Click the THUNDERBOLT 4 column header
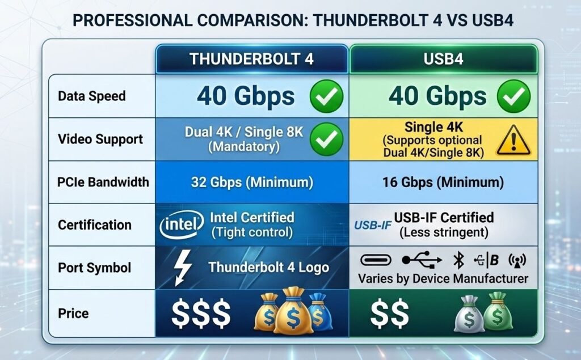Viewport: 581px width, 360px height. [251, 58]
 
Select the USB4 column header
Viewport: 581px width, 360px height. [444, 58]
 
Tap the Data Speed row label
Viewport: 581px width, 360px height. [91, 96]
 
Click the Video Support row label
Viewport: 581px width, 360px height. [100, 139]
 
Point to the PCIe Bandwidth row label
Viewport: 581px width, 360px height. [103, 182]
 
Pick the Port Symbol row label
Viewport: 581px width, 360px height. [94, 268]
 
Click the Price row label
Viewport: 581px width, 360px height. [73, 312]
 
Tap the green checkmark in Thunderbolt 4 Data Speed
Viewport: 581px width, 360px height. [326, 96]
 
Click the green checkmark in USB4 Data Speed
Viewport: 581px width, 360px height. [513, 96]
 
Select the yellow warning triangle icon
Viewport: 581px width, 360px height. [513, 140]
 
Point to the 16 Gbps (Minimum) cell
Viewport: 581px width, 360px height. [443, 183]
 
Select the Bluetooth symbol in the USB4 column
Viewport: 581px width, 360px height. [458, 260]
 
